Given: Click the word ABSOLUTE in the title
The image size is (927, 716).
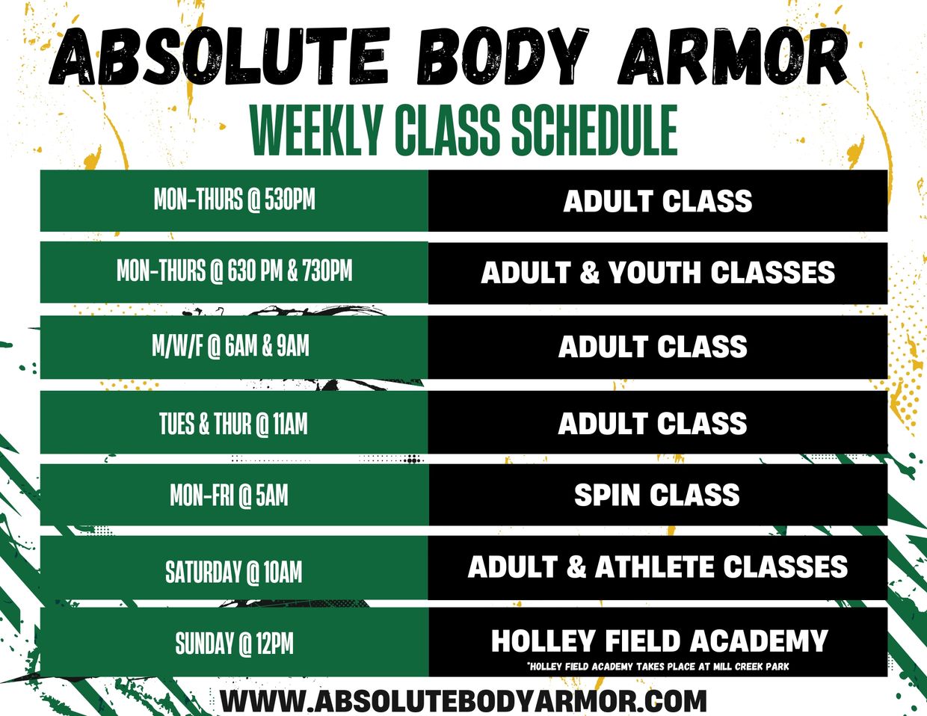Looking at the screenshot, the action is pos(219,55).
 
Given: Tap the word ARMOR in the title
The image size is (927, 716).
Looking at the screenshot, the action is pos(733,55).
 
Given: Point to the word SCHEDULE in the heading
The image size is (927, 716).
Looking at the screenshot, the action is pos(594,130).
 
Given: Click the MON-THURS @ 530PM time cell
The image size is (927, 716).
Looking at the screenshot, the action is pos(234,200).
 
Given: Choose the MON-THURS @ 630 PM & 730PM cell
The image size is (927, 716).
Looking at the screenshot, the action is pos(234,272).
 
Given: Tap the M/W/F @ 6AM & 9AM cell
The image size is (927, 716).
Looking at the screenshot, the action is pos(234,347).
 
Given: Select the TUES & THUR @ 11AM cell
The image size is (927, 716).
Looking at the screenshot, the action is pos(234,422).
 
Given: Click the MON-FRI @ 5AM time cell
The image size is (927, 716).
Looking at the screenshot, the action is pos(234,495).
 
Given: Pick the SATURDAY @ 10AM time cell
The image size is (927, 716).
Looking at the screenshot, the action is pos(234,568).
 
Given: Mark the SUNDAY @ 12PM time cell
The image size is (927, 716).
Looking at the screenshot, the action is pos(234,642).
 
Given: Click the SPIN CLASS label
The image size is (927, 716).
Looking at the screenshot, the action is pos(657,495).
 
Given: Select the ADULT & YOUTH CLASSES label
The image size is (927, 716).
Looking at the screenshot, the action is pos(658,272).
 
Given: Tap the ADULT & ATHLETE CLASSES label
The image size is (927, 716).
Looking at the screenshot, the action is pos(658,567).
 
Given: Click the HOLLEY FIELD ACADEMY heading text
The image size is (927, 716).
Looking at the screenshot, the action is pos(659,641).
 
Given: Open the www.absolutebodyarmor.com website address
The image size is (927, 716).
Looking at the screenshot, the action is pos(463,700).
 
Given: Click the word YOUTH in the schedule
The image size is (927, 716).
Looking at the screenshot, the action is pos(655,272).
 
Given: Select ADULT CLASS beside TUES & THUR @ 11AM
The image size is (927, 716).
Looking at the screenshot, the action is pos(653,423).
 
